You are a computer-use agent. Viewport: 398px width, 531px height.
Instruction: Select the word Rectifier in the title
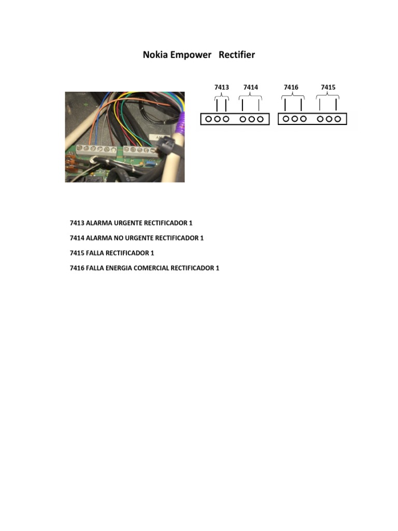coord(237,54)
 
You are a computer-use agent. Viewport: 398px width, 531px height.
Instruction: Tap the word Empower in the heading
coord(192,54)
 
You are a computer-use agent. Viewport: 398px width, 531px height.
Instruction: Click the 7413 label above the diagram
coord(221,87)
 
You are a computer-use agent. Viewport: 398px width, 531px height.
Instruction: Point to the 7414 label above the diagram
coord(250,87)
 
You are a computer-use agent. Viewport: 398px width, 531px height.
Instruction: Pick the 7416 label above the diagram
coord(291,87)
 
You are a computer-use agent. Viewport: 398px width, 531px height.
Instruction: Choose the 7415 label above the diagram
coord(328,87)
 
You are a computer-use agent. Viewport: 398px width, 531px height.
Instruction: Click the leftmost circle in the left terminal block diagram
coord(208,119)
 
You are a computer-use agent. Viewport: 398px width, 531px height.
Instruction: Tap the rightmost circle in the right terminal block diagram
coord(338,119)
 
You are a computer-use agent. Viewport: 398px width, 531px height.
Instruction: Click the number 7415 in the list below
coord(77,253)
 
